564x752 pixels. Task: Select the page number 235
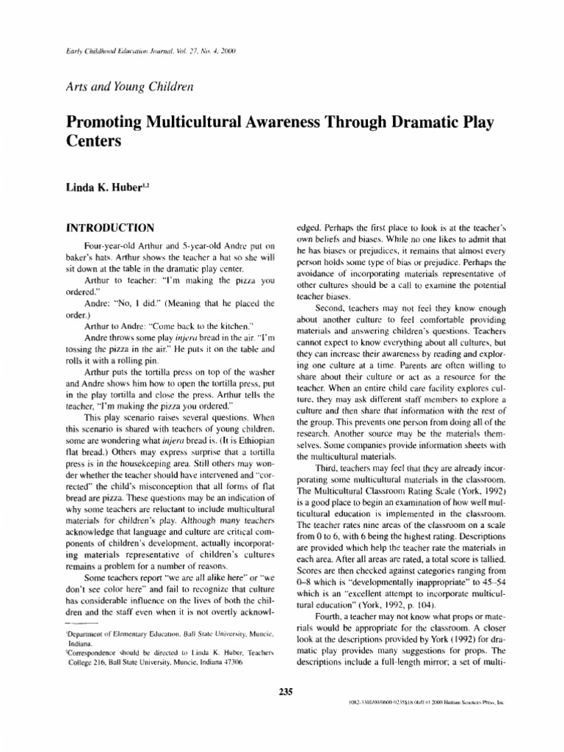[282, 690]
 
